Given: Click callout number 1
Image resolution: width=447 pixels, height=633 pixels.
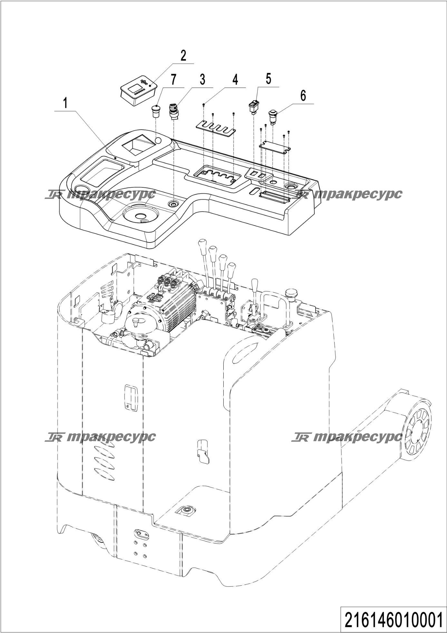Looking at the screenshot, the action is (x=65, y=104).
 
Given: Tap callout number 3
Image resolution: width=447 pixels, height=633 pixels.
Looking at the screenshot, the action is (x=202, y=79).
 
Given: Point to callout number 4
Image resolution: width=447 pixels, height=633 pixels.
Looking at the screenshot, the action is (x=235, y=79).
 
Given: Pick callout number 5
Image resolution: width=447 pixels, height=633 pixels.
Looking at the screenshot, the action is (x=268, y=79).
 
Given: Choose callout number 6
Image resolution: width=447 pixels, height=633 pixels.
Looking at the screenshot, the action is (x=303, y=96).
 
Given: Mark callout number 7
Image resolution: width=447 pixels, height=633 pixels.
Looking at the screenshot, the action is (x=173, y=79).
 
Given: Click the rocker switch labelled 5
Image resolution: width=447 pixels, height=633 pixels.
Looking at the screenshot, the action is (x=253, y=107).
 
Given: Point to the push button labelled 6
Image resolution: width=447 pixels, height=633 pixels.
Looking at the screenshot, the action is (x=273, y=117).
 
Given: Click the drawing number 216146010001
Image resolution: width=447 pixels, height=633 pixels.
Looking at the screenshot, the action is (x=393, y=620).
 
